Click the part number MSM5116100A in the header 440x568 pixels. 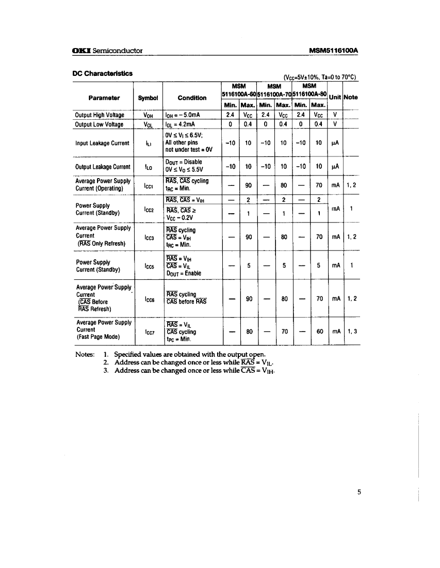[333, 51]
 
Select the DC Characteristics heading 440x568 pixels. [102, 73]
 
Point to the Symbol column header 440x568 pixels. [147, 98]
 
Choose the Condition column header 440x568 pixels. [192, 98]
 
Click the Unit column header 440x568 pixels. [336, 97]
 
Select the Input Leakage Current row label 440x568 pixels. [102, 143]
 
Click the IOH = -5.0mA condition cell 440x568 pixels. [186, 115]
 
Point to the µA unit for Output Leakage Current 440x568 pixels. [334, 167]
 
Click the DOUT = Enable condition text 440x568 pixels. [183, 273]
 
